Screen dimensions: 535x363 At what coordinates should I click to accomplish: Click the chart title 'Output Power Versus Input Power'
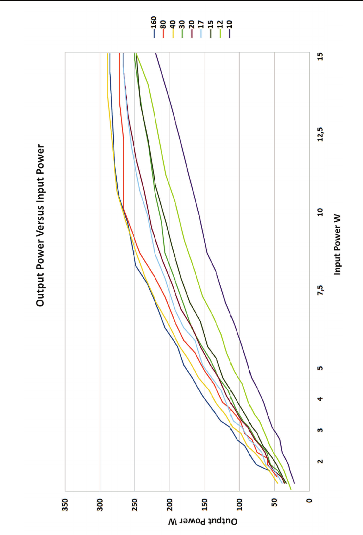pyautogui.click(x=40, y=225)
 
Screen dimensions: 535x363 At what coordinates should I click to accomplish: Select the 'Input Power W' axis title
pyautogui.click(x=337, y=244)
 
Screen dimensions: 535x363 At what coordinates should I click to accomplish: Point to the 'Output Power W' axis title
pyautogui.click(x=203, y=521)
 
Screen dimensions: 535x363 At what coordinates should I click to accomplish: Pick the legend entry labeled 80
pyautogui.click(x=163, y=27)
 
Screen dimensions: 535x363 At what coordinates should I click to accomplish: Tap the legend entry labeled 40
pyautogui.click(x=173, y=27)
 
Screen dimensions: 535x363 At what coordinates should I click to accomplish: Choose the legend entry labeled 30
pyautogui.click(x=182, y=27)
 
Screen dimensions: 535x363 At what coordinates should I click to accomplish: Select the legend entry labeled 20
pyautogui.click(x=191, y=27)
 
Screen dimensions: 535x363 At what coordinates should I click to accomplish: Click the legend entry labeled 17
pyautogui.click(x=201, y=27)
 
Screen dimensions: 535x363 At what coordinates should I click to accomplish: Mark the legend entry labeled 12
pyautogui.click(x=220, y=27)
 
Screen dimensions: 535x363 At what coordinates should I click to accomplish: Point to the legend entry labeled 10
pyautogui.click(x=229, y=27)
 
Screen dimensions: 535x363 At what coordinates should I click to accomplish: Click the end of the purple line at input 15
pyautogui.click(x=156, y=54)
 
